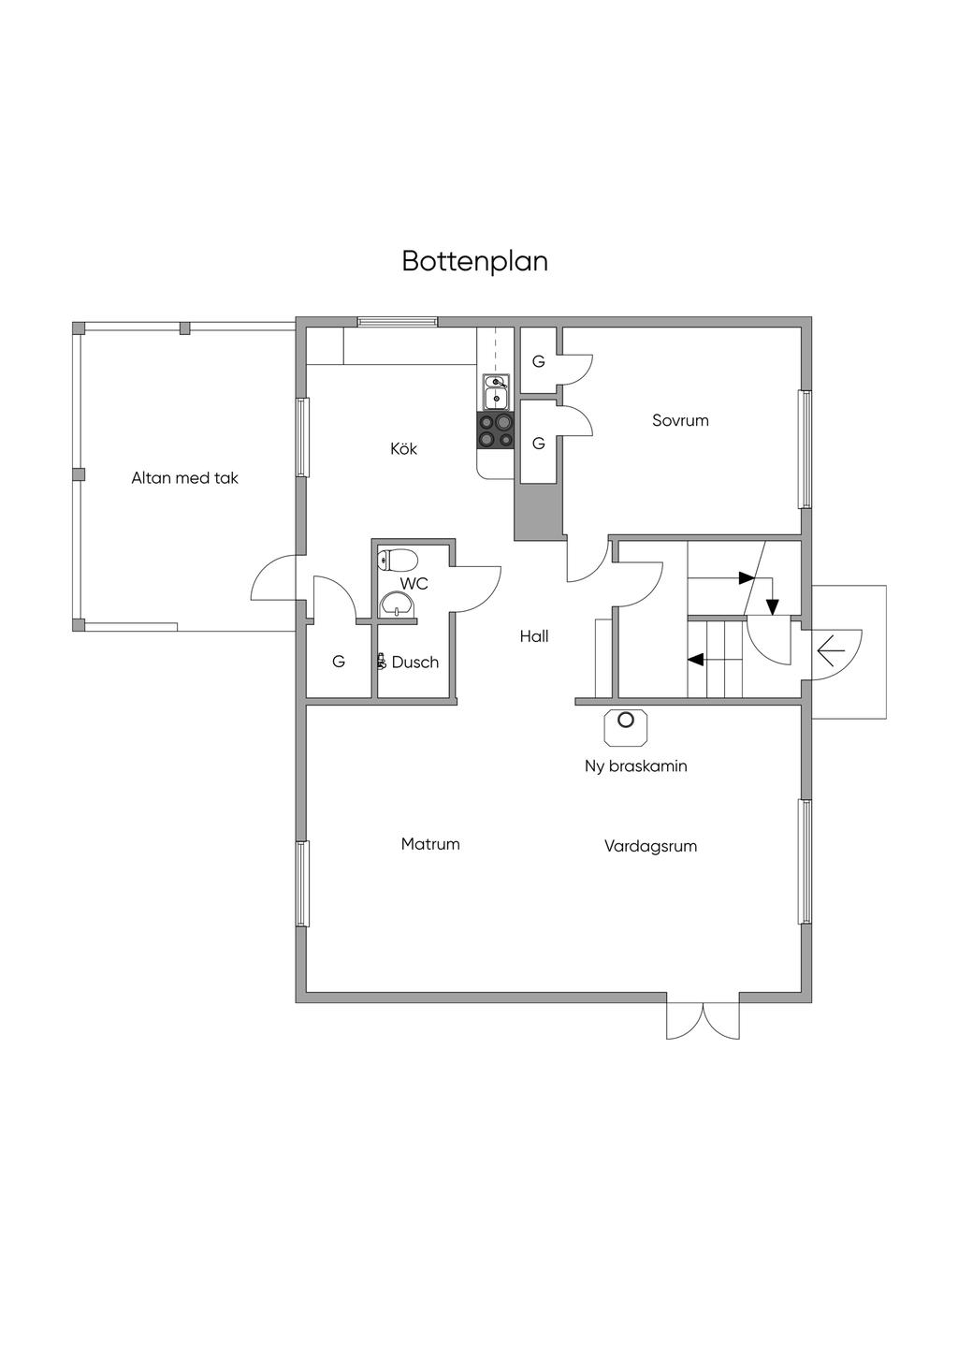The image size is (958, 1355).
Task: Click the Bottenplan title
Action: pos(474,261)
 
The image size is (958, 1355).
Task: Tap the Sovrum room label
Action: pos(680,420)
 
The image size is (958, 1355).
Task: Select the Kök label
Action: pos(403,449)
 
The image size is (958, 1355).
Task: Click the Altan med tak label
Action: pos(184,478)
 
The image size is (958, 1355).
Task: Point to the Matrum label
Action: pos(430,844)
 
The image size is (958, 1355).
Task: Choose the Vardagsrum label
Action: pos(650,846)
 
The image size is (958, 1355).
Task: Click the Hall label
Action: pos(534,636)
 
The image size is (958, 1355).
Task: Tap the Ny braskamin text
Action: pos(635,766)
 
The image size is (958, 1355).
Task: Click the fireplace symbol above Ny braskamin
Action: pos(626,722)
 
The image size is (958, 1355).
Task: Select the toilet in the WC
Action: pos(398,561)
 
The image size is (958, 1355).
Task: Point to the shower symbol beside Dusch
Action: pos(382,662)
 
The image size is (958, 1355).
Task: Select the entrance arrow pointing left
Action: pos(830,648)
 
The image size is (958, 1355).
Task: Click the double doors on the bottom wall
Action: pos(703,1019)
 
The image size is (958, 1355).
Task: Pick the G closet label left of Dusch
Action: pos(339,662)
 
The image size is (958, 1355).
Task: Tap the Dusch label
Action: pos(414,663)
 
